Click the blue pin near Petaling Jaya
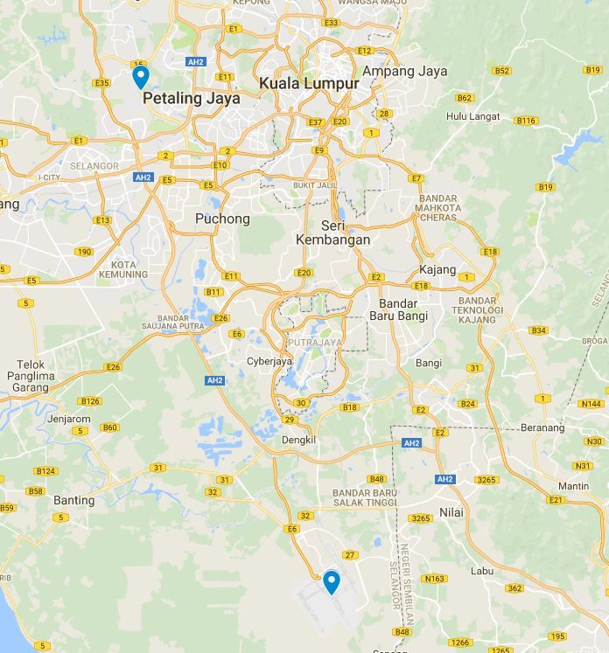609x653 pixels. (140, 77)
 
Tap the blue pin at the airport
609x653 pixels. (331, 581)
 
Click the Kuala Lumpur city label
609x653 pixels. (309, 84)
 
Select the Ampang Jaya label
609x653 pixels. (404, 72)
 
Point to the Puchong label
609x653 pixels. (222, 219)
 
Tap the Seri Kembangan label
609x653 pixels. (332, 233)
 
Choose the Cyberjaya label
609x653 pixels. (269, 361)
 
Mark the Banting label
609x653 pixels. (73, 501)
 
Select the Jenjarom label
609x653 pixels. (69, 419)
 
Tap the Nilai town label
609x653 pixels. (451, 512)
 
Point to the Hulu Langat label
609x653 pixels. (472, 116)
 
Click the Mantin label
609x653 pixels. (573, 486)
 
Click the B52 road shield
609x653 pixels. (501, 71)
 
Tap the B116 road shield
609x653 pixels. (526, 121)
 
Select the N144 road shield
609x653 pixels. (590, 404)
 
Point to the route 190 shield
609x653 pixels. (84, 252)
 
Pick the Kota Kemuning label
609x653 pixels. (123, 268)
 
